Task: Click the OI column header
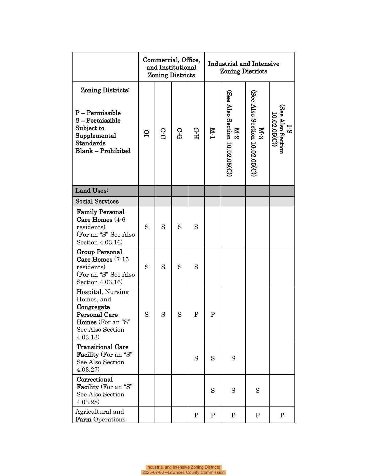pos(147,134)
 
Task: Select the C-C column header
pos(163,134)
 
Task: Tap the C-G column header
pos(179,134)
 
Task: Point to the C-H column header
pos(196,134)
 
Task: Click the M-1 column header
pos(212,134)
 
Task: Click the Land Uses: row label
pos(92,191)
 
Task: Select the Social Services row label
pos(97,201)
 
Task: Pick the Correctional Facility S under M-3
pos(257,391)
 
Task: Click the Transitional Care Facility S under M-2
pos(233,358)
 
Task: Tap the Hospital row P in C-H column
pos(196,315)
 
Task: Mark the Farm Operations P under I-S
pos(282,415)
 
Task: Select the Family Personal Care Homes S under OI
pos(147,227)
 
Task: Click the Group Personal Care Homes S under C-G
pos(180,267)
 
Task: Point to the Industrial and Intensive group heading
pos(244,67)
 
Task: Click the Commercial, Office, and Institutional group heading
pos(171,67)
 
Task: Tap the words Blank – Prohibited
pos(103,151)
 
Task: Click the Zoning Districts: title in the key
pos(105,90)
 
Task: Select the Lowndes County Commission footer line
pos(183,472)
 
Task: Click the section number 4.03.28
pos(88,402)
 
